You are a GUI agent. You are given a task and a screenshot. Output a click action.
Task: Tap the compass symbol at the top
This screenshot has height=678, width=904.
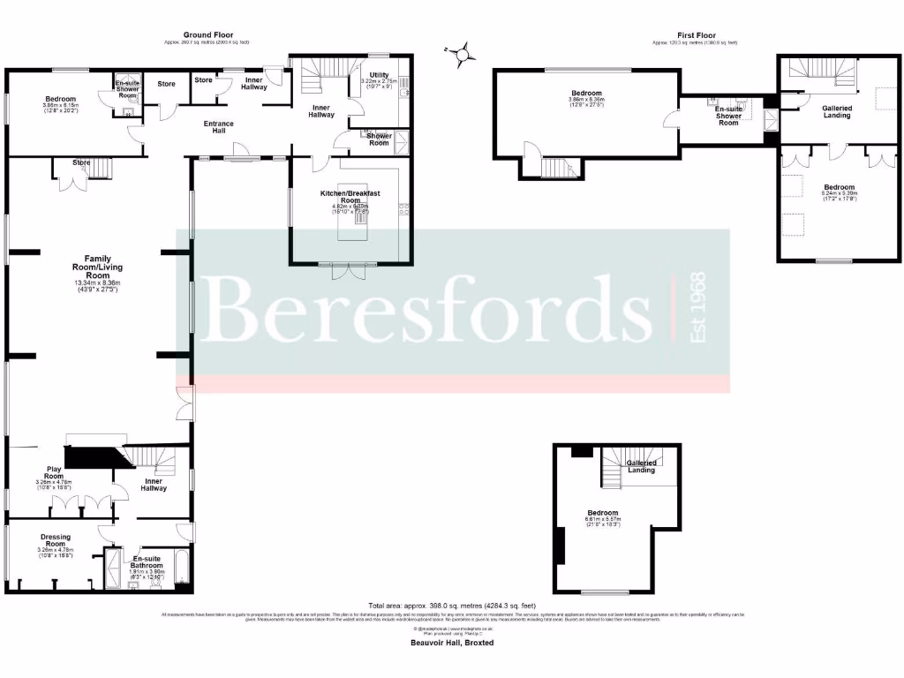(461, 56)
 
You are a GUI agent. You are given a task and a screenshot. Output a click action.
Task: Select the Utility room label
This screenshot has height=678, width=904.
(380, 76)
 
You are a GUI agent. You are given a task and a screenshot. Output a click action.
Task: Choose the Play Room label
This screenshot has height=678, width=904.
(55, 473)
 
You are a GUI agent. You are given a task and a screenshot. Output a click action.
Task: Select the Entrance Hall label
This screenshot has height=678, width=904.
(218, 127)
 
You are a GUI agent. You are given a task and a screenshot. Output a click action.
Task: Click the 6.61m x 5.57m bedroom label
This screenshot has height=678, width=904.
(604, 514)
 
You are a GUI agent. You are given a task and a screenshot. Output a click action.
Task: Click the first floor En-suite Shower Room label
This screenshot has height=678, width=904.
(727, 115)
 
